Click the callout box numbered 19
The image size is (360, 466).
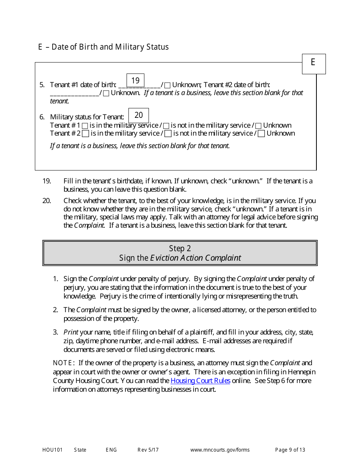[x=135, y=80]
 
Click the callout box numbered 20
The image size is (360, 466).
[x=139, y=115]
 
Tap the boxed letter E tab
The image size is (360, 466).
[x=313, y=64]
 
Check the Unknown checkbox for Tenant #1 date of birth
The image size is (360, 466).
[x=167, y=85]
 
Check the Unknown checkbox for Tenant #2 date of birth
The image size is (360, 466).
[x=106, y=93]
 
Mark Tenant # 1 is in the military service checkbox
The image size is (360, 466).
[x=85, y=125]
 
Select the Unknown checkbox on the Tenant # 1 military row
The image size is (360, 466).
[x=258, y=125]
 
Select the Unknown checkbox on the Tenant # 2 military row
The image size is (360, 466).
[x=261, y=133]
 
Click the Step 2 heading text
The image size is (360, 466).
[x=180, y=249]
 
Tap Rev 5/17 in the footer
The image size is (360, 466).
[x=148, y=450]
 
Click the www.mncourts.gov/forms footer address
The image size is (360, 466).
[x=220, y=450]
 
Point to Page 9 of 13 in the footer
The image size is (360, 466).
[x=290, y=450]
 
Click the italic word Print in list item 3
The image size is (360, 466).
[x=71, y=332]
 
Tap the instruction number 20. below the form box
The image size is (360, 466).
[x=47, y=201]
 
